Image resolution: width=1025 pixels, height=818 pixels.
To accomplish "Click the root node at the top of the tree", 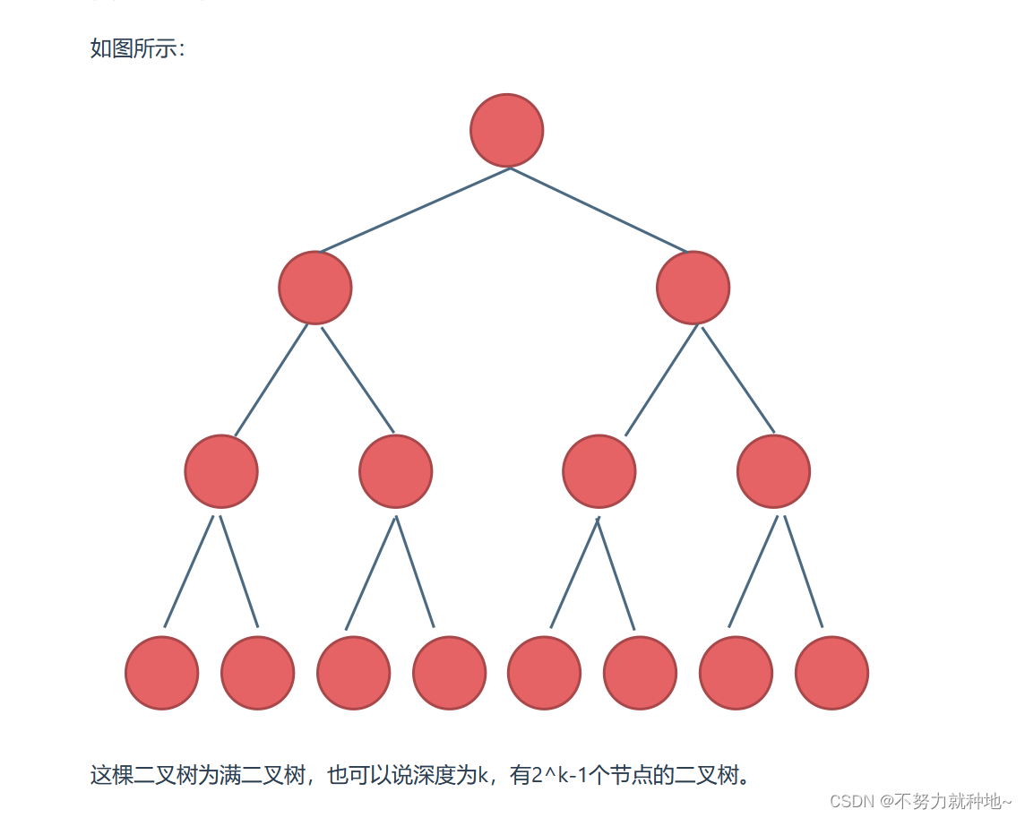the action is tap(506, 130).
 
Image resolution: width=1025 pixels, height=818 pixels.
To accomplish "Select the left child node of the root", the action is tap(315, 288).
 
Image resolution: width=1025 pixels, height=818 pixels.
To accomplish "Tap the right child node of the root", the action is tap(693, 288).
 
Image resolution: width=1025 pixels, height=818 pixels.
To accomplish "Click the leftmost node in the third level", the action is tap(221, 471).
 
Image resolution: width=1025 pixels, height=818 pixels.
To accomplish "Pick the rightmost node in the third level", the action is tap(773, 471).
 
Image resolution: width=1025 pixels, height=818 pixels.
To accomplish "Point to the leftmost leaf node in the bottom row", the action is tap(161, 673).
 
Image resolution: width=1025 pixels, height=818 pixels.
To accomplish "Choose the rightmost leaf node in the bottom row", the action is tap(831, 673).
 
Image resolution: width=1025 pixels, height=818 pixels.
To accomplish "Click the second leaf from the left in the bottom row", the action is tap(257, 673).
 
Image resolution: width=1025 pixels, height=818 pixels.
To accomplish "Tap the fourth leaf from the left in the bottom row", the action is tap(449, 673).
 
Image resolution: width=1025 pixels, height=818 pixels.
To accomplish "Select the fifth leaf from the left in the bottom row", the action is tap(544, 673).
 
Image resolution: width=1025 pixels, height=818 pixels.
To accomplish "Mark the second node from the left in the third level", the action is tap(395, 471).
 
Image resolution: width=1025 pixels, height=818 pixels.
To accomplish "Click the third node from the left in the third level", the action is tap(599, 471).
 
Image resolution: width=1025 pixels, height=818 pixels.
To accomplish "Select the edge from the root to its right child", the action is tap(599, 211).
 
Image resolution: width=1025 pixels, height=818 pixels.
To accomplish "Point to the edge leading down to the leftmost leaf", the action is tap(189, 572).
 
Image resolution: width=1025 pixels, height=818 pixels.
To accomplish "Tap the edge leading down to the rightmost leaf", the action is tap(803, 572).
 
